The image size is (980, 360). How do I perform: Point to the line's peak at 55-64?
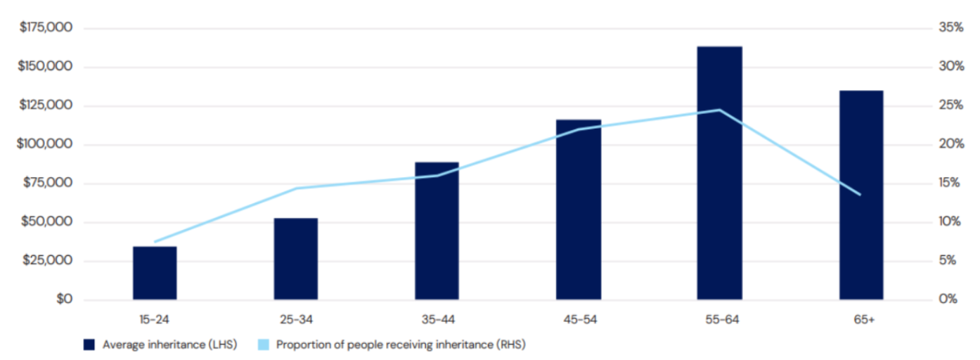point(719,110)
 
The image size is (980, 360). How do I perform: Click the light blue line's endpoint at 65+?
point(860,195)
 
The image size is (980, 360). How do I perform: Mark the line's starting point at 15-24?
point(155,242)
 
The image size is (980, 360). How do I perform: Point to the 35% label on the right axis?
point(949,28)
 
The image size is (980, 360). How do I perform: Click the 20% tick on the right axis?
point(949,144)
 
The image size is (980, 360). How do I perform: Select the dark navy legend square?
point(89,345)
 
